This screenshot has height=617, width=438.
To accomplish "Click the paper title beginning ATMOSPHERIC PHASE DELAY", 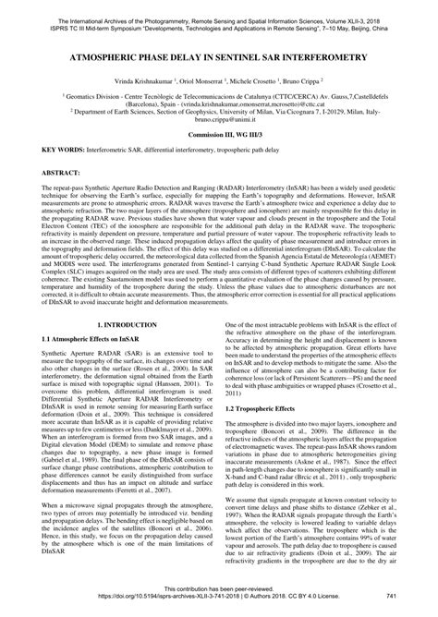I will point(219,56).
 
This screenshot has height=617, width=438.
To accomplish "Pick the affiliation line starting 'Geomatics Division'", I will point(219,96).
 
